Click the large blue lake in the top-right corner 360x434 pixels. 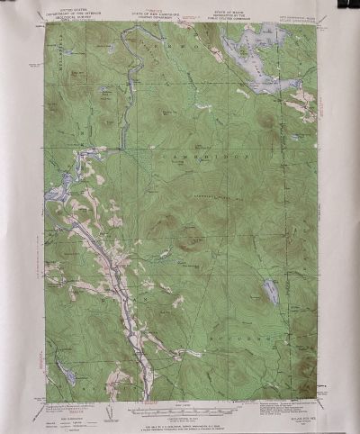tap(265, 63)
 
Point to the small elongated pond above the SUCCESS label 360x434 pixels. tap(271, 291)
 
